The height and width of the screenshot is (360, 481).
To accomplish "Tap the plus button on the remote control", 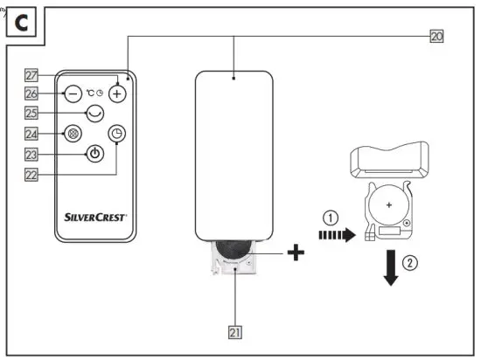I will [115, 92].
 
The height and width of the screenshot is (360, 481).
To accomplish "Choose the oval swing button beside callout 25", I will [94, 113].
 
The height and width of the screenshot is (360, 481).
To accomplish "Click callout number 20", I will [437, 37].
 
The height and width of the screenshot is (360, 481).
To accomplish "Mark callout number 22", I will [32, 173].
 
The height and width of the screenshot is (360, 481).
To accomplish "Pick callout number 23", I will [32, 154].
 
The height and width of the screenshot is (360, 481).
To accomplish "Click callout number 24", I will [32, 135].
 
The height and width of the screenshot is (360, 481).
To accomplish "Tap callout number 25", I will [32, 113].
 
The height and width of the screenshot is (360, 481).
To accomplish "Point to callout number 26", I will [32, 92].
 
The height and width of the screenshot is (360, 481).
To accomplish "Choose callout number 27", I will [32, 76].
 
